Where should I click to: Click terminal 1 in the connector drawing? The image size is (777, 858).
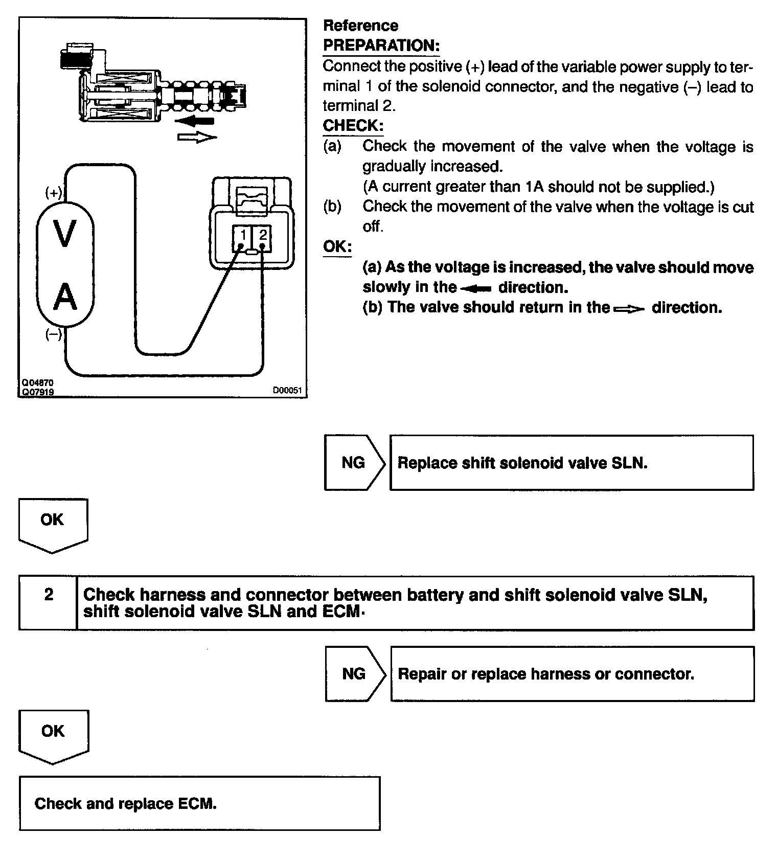(x=243, y=235)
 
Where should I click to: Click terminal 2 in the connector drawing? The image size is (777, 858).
(x=263, y=235)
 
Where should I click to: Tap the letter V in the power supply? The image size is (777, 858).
(x=65, y=234)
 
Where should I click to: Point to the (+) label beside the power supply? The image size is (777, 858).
(x=54, y=193)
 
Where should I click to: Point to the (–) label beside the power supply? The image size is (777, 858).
(x=54, y=334)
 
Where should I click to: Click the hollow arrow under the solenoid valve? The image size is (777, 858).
(x=197, y=137)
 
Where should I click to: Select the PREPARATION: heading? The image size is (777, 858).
(x=381, y=46)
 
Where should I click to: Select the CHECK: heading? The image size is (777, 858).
(x=353, y=125)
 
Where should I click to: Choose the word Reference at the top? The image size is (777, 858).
(x=360, y=26)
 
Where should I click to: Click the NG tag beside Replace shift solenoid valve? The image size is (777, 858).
(x=353, y=463)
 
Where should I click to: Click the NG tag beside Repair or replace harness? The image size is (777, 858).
(x=354, y=673)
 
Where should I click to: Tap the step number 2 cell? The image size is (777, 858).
(x=49, y=595)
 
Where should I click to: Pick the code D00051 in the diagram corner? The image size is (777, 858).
(x=287, y=391)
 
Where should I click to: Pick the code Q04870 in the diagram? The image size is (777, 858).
(x=37, y=382)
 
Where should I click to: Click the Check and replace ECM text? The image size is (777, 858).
(x=125, y=803)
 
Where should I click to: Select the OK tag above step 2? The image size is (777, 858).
(x=53, y=520)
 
